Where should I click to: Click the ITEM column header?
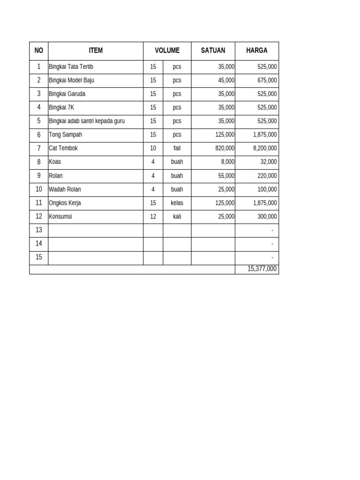click(x=96, y=51)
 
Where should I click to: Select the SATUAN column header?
click(x=213, y=51)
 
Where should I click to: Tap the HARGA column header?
click(x=256, y=51)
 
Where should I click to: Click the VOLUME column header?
click(x=167, y=51)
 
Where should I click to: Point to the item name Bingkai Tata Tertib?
click(x=71, y=67)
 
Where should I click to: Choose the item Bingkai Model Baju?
click(x=72, y=81)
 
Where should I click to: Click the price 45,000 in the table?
click(x=226, y=81)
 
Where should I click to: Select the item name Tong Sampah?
click(x=66, y=135)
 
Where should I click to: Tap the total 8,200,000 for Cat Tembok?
click(x=264, y=149)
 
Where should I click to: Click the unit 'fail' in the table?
click(x=177, y=149)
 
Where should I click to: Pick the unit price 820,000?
click(x=225, y=149)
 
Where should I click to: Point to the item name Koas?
click(x=55, y=162)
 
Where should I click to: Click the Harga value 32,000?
click(x=269, y=162)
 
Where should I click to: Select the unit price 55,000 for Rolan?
click(x=226, y=176)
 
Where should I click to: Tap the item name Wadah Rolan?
click(x=65, y=189)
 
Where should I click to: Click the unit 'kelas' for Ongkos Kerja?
click(x=177, y=203)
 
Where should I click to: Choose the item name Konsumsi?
click(x=60, y=217)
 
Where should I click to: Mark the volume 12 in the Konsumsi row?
click(x=153, y=217)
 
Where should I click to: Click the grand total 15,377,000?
click(x=262, y=269)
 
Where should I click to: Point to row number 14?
click(x=38, y=244)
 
